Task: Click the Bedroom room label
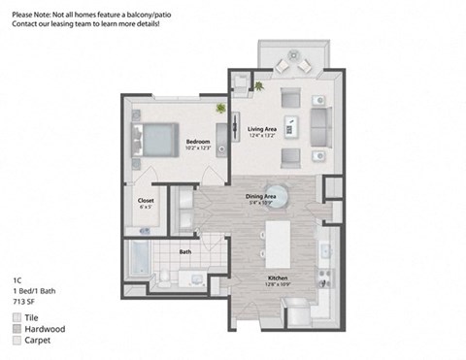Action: tap(198, 141)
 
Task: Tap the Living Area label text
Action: tap(263, 129)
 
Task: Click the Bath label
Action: tap(184, 252)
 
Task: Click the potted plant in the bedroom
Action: tap(222, 108)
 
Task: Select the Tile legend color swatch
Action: tap(17, 317)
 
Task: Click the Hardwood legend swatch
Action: tap(17, 329)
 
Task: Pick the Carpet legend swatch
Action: tap(17, 341)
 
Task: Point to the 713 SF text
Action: tap(25, 302)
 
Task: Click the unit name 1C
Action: tap(17, 278)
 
